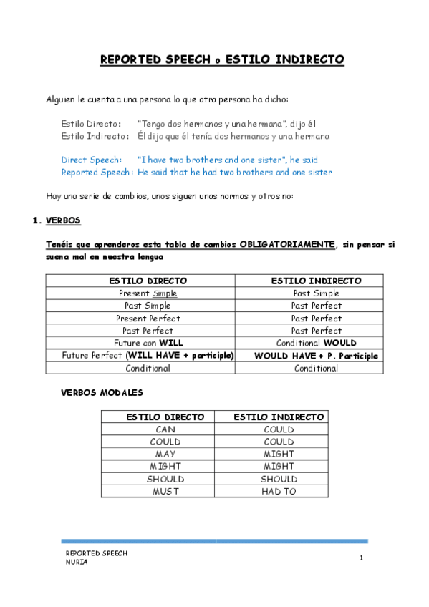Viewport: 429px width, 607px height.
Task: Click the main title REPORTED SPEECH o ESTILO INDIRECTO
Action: click(222, 59)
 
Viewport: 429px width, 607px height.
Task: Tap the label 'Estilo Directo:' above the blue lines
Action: click(91, 124)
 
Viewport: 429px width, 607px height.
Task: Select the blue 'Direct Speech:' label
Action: click(91, 160)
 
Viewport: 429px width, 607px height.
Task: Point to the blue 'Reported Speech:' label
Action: click(97, 172)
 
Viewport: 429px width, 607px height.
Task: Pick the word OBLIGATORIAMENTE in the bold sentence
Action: click(287, 244)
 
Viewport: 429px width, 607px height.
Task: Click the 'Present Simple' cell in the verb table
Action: click(148, 293)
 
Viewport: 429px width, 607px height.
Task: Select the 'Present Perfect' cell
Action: click(148, 319)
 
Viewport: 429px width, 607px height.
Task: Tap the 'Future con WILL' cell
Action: click(148, 344)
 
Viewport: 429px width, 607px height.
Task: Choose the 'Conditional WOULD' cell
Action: click(316, 344)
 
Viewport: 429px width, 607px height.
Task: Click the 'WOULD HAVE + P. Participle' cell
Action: click(316, 356)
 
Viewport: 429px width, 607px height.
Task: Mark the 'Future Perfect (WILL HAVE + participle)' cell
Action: click(148, 356)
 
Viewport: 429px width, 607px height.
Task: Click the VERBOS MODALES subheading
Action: click(102, 392)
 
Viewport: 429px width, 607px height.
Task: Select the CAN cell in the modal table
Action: click(165, 429)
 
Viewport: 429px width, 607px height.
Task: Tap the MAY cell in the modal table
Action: click(165, 455)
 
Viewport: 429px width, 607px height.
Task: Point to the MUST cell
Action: click(165, 492)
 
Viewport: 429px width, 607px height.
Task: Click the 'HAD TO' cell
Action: click(279, 492)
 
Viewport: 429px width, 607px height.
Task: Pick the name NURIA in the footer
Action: click(77, 562)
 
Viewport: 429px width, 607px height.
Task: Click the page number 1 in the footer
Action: click(362, 558)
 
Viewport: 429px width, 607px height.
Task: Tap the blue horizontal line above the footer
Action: click(214, 541)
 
